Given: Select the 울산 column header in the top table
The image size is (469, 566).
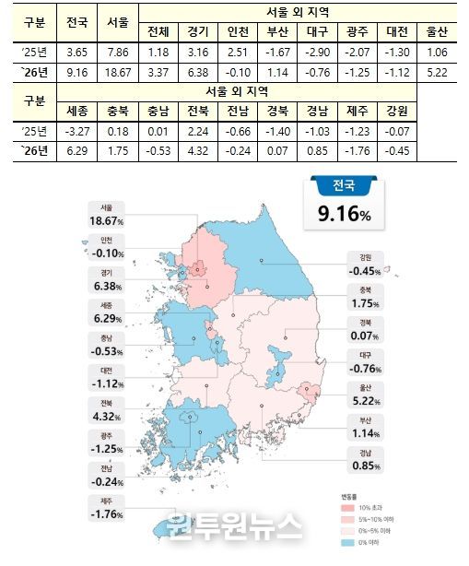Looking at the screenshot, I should click(441, 31).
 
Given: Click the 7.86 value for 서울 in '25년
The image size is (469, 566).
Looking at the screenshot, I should click(118, 52).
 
